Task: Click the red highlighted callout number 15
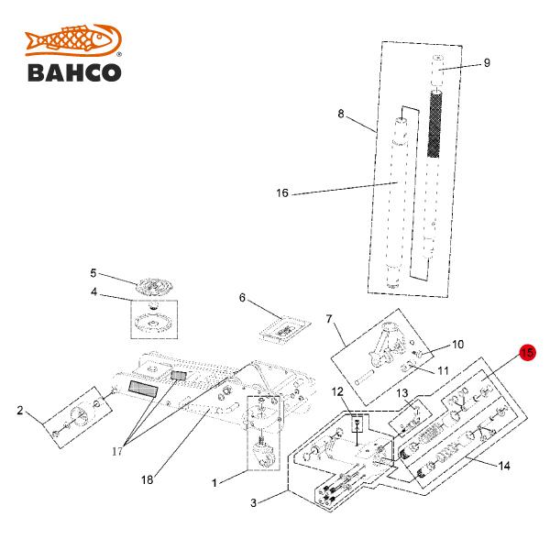pyautogui.click(x=527, y=352)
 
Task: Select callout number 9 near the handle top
pyautogui.click(x=487, y=63)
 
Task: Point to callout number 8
pyautogui.click(x=341, y=115)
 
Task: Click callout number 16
pyautogui.click(x=282, y=193)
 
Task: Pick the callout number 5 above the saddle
pyautogui.click(x=93, y=272)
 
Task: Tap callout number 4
pyautogui.click(x=93, y=293)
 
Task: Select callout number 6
pyautogui.click(x=242, y=298)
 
